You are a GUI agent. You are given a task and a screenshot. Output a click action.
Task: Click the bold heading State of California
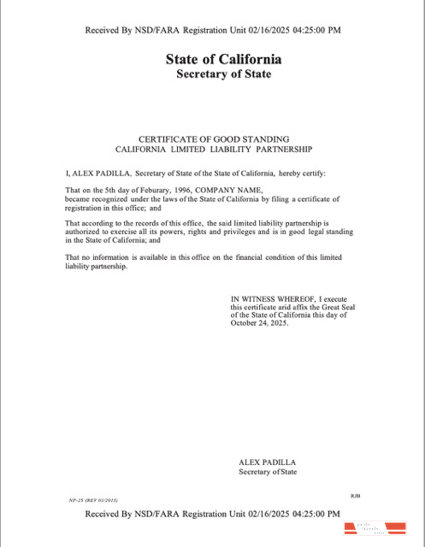point(223,60)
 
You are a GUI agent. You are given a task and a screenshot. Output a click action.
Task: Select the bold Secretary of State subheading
point(223,74)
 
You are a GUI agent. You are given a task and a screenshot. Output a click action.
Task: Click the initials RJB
point(356,495)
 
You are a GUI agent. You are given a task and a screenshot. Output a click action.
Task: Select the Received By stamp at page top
point(213,31)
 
